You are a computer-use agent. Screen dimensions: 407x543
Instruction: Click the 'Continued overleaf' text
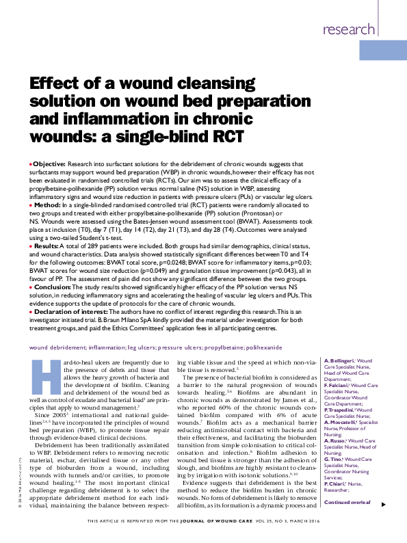tap(349, 503)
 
